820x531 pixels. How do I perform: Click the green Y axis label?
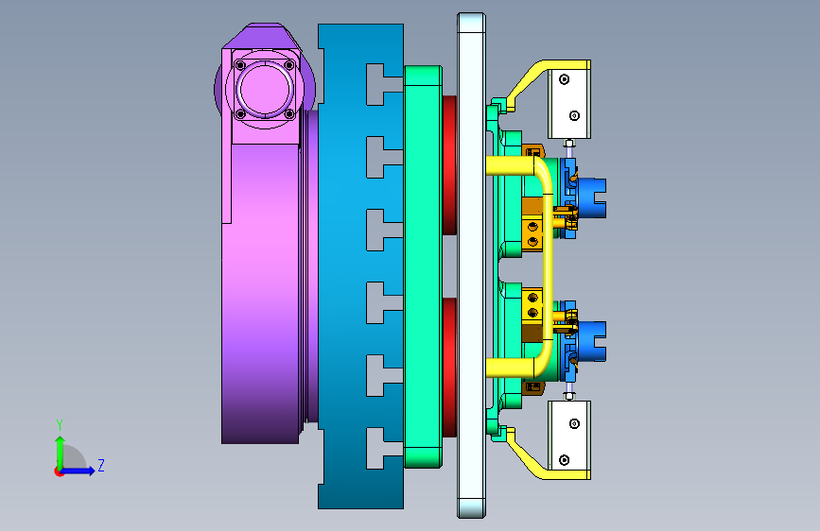click(x=60, y=425)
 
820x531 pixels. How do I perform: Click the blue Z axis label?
click(x=101, y=465)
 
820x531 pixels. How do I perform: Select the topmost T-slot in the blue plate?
click(x=384, y=84)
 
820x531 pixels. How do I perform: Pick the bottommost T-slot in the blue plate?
click(x=384, y=448)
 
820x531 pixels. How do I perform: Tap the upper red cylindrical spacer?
click(x=450, y=165)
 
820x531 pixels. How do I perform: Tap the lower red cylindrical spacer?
click(x=450, y=368)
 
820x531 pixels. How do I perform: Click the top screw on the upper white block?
click(x=564, y=79)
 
